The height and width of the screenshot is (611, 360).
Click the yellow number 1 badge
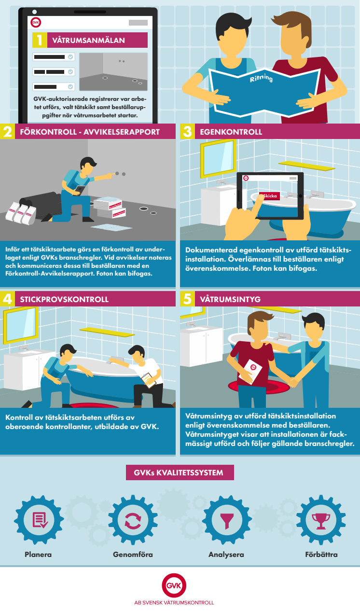(x=40, y=40)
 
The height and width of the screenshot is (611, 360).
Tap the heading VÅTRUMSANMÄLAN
(x=88, y=41)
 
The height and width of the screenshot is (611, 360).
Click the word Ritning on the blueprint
(x=261, y=78)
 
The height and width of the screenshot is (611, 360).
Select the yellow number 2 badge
(x=7, y=131)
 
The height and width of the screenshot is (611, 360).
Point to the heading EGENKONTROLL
(x=231, y=132)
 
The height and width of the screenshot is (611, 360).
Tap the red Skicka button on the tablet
(x=270, y=196)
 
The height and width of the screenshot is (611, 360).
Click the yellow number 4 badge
(x=7, y=299)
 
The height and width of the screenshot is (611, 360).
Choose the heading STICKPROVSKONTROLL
(x=64, y=300)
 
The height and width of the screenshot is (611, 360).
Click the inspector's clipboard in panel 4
(x=149, y=380)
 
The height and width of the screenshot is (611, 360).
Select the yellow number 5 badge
(x=187, y=299)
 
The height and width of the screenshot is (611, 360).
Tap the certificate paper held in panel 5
(x=250, y=372)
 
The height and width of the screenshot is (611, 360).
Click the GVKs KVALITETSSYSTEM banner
(x=180, y=472)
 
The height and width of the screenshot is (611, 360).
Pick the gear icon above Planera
(x=39, y=520)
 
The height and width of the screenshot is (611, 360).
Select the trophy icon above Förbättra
(x=321, y=521)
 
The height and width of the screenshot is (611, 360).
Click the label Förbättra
(x=321, y=555)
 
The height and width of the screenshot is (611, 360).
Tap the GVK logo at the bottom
(x=174, y=585)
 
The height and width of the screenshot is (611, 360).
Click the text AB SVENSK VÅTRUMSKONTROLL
(x=174, y=603)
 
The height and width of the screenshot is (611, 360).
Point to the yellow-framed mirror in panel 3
(x=219, y=159)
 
